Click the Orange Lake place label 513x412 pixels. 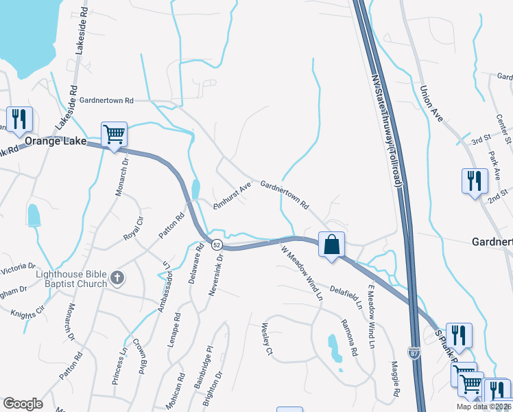click(56, 141)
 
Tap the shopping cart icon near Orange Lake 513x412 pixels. click(114, 133)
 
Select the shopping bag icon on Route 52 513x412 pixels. click(331, 244)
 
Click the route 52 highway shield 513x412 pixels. click(216, 244)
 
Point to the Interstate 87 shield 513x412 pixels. click(414, 354)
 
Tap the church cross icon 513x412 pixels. click(117, 277)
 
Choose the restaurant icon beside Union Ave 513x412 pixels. click(474, 181)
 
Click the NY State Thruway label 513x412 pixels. click(386, 130)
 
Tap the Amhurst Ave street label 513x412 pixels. click(231, 196)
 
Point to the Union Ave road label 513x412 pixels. click(433, 104)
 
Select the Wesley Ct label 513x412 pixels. click(267, 340)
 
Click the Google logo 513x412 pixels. click(23, 404)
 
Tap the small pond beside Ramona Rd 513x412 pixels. click(333, 348)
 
